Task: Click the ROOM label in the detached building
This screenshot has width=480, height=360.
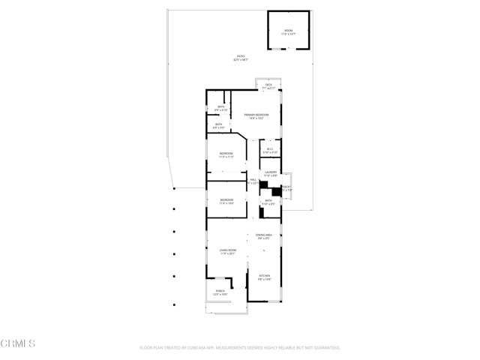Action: click(x=289, y=31)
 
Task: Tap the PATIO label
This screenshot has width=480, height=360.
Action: click(x=240, y=56)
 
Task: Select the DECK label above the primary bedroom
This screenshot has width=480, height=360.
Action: click(x=268, y=85)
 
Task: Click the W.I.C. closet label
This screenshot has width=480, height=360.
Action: click(x=270, y=148)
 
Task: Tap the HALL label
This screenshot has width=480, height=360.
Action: click(x=253, y=181)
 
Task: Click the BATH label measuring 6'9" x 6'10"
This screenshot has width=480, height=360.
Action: click(x=221, y=106)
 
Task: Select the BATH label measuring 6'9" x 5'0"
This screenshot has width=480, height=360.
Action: click(x=219, y=124)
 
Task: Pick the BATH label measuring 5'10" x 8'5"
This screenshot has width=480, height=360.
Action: click(x=268, y=200)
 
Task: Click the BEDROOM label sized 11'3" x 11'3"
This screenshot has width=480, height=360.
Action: click(x=226, y=154)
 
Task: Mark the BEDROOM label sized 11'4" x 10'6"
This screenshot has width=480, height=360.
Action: click(x=226, y=200)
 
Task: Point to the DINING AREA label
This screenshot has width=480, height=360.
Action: click(x=263, y=235)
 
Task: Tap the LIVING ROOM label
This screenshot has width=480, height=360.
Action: click(x=228, y=250)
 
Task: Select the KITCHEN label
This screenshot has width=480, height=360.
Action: click(x=264, y=276)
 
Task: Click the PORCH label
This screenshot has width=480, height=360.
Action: click(x=220, y=291)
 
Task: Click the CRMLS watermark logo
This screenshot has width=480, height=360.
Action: click(x=18, y=344)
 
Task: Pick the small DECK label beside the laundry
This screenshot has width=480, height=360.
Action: click(x=286, y=187)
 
